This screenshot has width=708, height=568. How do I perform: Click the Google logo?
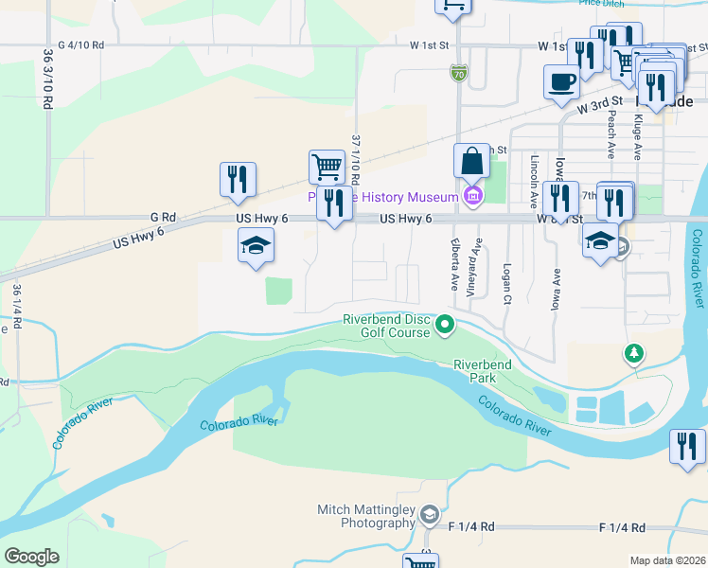pyautogui.click(x=31, y=557)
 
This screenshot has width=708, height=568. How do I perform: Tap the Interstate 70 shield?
pyautogui.click(x=457, y=71)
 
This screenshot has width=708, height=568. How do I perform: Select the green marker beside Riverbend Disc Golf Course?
pyautogui.click(x=443, y=327)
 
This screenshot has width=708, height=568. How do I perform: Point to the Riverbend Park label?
pyautogui.click(x=482, y=370)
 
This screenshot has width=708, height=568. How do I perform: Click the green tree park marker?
pyautogui.click(x=633, y=354)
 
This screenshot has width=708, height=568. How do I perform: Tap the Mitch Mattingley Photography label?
pyautogui.click(x=366, y=516)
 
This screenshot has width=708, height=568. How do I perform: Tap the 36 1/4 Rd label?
pyautogui.click(x=16, y=309)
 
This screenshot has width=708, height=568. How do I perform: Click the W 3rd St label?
pyautogui.click(x=600, y=101)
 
